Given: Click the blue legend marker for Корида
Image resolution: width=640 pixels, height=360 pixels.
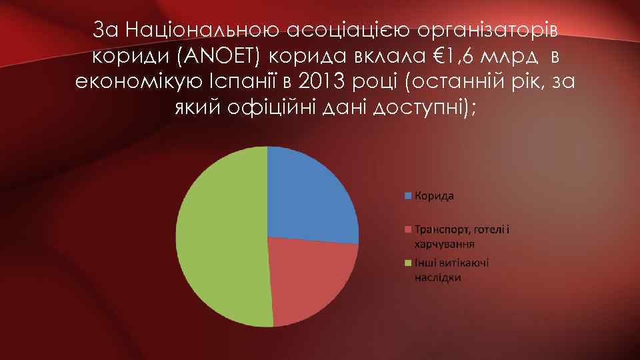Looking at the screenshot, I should [408, 196].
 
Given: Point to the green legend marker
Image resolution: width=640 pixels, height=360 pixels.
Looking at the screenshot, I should [408, 263].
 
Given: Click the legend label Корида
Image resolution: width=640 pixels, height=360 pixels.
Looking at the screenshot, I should [434, 196].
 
